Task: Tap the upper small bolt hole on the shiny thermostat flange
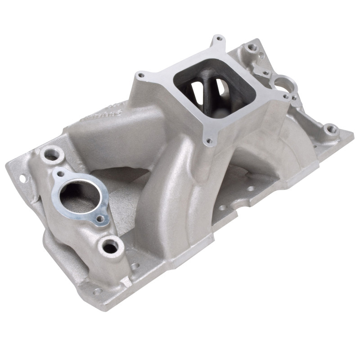59,173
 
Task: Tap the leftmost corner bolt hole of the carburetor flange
141,75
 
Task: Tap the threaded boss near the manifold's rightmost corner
331,130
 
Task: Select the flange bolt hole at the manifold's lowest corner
97,291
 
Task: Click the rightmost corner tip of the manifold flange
353,134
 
